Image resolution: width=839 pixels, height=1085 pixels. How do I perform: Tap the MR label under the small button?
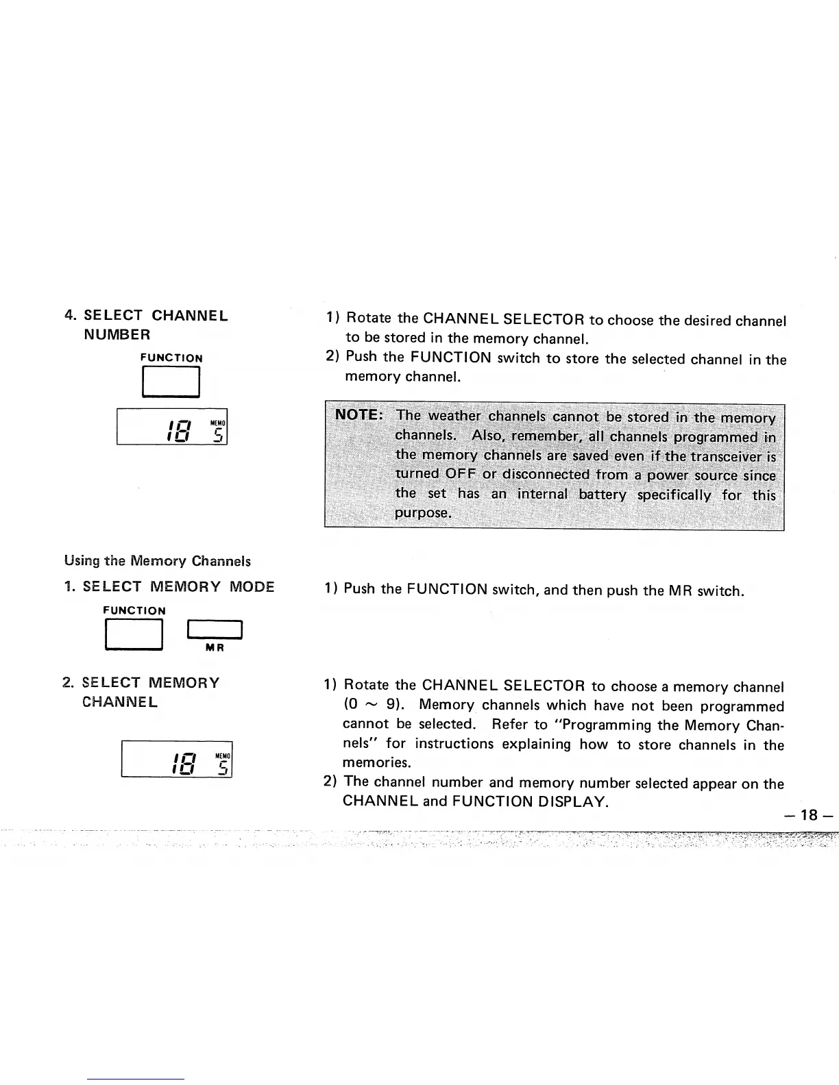pyautogui.click(x=215, y=647)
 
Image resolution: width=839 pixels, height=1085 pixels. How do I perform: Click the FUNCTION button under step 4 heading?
pyautogui.click(x=171, y=382)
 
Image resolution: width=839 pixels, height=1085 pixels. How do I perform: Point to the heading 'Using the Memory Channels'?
pyautogui.click(x=157, y=561)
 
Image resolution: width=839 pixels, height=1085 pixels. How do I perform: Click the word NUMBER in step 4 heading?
pyautogui.click(x=117, y=335)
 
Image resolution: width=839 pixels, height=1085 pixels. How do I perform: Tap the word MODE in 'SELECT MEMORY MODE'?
pyautogui.click(x=252, y=587)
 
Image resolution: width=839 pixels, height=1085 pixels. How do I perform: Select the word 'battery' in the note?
pyautogui.click(x=602, y=495)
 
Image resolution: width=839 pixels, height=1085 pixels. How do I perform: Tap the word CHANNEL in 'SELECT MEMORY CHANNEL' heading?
pyautogui.click(x=119, y=702)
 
